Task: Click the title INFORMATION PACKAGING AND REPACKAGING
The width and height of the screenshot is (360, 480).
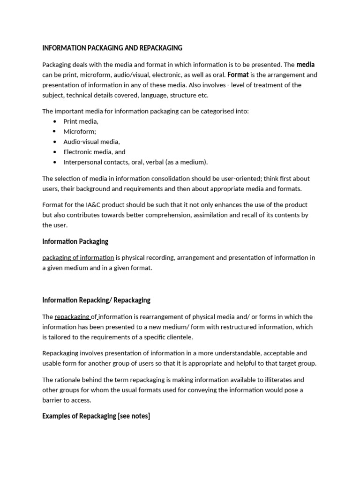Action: point(112,48)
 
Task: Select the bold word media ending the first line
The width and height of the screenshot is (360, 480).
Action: point(306,65)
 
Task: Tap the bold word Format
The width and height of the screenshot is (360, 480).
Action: point(238,75)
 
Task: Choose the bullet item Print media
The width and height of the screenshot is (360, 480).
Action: point(81,121)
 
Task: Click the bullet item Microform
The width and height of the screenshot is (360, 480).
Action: point(80,132)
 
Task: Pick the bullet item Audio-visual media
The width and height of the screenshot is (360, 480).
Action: point(91,142)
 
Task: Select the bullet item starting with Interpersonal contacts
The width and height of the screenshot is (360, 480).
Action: point(135,162)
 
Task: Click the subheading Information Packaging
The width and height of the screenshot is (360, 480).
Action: point(75,241)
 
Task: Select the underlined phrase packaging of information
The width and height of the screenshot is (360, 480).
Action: point(78,258)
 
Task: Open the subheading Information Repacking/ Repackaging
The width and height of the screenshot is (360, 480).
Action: point(96,300)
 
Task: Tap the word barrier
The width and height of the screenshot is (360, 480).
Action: point(53,400)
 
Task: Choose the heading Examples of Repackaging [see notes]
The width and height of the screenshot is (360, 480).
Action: point(96,416)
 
